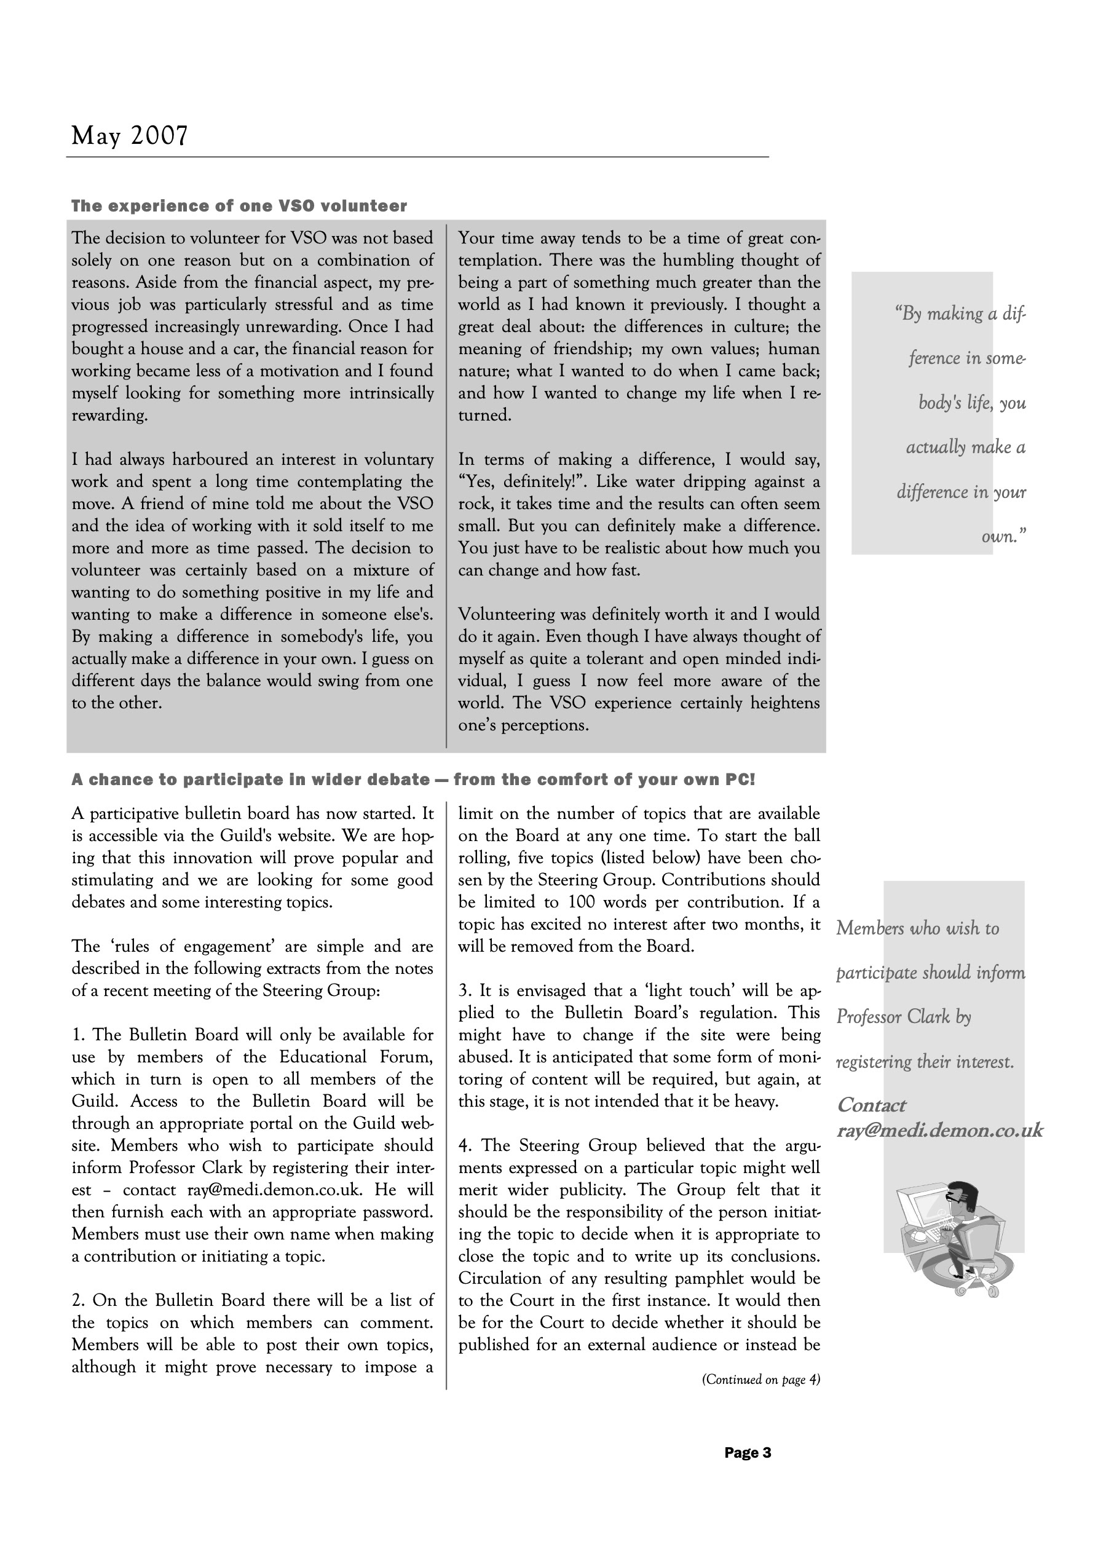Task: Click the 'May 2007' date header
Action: coord(129,136)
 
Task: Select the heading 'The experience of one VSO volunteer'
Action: coord(239,207)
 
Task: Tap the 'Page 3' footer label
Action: coord(747,1452)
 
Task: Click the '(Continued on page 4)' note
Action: coord(760,1379)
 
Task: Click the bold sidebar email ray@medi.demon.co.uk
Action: coord(939,1130)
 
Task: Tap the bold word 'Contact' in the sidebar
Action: coord(871,1105)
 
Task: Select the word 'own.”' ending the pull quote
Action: coord(1003,537)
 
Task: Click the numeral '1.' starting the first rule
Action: coord(79,1035)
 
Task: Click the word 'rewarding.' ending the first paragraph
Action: coord(109,416)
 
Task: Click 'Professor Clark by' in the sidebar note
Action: coord(903,1018)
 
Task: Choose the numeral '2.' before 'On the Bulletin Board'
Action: coord(79,1301)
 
